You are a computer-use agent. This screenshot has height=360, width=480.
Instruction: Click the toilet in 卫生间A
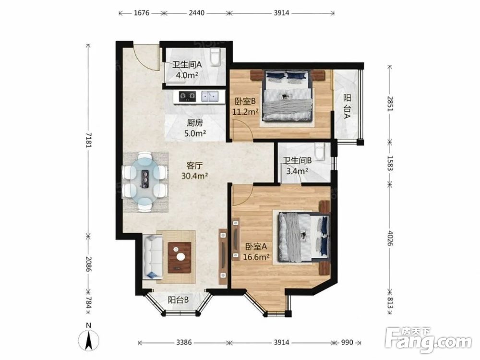pyautogui.click(x=215, y=57)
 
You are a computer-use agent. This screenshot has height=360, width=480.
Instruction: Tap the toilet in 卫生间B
pyautogui.click(x=320, y=152)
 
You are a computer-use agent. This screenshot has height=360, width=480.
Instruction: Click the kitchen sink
pyautogui.click(x=210, y=96)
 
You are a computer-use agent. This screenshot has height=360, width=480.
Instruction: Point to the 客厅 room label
pyautogui.click(x=195, y=166)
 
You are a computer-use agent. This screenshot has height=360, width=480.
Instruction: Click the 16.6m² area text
pyautogui.click(x=256, y=257)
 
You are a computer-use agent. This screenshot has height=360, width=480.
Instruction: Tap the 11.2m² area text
pyautogui.click(x=245, y=112)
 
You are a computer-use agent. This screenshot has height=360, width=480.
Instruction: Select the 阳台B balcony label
pyautogui.click(x=178, y=300)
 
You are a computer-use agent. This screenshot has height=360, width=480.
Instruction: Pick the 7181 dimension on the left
pyautogui.click(x=88, y=140)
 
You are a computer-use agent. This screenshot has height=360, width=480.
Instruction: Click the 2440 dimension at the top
pyautogui.click(x=196, y=13)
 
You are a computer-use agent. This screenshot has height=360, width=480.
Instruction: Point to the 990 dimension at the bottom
pyautogui.click(x=347, y=342)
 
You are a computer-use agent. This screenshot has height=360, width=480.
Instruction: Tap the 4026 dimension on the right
pyautogui.click(x=390, y=238)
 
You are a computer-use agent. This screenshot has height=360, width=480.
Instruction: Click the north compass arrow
pyautogui.click(x=88, y=340)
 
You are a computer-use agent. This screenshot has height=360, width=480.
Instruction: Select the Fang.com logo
pyautogui.click(x=428, y=340)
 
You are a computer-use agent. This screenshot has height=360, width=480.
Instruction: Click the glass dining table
pyautogui.click(x=145, y=181)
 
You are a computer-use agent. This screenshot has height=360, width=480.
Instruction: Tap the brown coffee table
pyautogui.click(x=180, y=257)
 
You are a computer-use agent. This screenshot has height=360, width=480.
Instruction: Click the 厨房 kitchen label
pyautogui.click(x=195, y=123)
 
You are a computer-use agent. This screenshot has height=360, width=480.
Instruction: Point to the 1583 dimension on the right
pyautogui.click(x=390, y=163)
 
